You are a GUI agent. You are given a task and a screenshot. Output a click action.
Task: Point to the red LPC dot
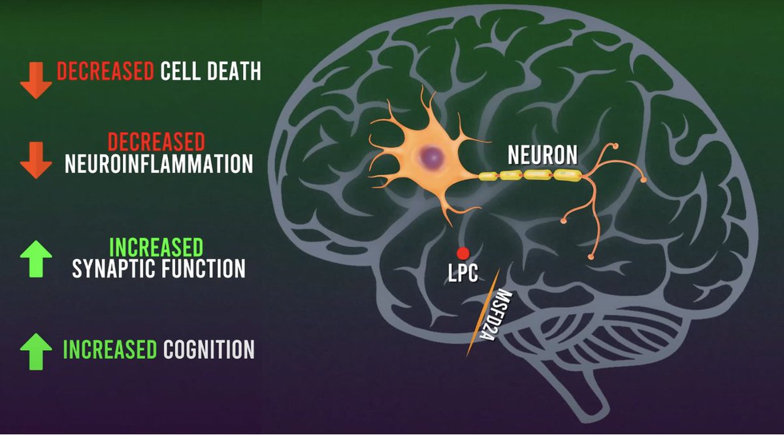[463, 253]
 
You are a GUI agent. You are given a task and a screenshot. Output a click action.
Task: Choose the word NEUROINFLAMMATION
[159, 164]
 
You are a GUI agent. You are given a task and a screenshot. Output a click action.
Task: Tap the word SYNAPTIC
[112, 268]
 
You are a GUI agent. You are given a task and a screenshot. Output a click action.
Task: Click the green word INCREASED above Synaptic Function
[157, 248]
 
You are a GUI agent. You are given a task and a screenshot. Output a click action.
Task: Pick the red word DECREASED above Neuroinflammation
[157, 142]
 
